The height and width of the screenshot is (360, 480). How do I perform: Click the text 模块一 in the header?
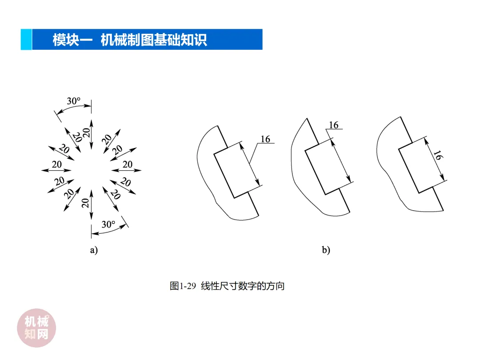72,40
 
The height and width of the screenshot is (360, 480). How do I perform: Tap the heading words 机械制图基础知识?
154,40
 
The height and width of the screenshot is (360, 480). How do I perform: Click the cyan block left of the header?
26,39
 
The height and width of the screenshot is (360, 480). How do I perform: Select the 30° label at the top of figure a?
74,101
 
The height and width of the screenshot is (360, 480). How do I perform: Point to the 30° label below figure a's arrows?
108,224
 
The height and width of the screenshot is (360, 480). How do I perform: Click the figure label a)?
94,250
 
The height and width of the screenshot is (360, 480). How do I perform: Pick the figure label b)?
326,250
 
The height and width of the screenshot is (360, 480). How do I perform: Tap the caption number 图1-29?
183,286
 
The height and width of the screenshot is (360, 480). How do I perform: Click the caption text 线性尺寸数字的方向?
243,286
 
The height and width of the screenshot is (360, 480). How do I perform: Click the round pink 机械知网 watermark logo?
36,328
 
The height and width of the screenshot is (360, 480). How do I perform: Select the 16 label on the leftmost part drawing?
265,139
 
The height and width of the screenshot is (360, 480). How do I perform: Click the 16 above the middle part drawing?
334,125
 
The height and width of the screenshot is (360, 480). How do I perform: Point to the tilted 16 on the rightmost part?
438,155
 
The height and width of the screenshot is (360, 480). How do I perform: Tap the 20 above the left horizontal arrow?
57,164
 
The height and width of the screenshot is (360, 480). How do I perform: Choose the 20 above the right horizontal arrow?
128,164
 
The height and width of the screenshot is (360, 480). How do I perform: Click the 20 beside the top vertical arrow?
87,132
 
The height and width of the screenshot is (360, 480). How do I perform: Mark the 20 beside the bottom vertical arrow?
85,203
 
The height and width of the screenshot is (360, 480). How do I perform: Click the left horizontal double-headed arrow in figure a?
56,170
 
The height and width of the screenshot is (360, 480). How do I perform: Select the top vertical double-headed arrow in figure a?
91,135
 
